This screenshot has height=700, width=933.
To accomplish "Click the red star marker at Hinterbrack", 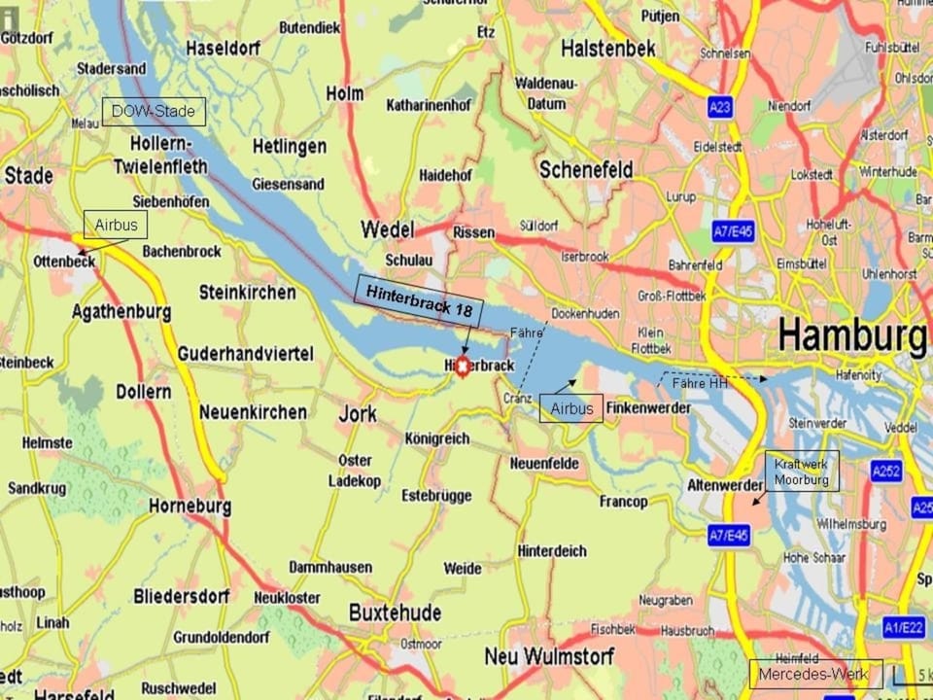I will tap(463, 366).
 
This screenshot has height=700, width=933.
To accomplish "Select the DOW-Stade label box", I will tap(154, 112).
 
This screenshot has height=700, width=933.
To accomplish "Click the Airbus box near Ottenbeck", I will tap(116, 225).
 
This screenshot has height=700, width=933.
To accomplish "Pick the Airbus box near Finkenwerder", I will tap(571, 408).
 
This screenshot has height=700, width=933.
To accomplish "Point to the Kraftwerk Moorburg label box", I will tap(802, 472).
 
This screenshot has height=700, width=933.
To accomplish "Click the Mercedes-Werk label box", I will tap(816, 674).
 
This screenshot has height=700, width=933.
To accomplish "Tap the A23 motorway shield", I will tap(719, 108).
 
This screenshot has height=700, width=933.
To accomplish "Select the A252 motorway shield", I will tap(886, 472).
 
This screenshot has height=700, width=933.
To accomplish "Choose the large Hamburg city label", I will tap(851, 336).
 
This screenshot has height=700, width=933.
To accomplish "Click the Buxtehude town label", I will tap(396, 613).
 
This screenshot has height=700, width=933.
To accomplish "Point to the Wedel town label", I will tap(388, 230).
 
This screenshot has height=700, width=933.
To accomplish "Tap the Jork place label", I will tap(358, 414).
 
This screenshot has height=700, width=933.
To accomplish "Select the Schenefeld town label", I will tap(586, 170).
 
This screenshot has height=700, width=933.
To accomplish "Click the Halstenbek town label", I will tap(608, 49).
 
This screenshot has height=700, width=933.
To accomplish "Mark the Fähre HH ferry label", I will tap(700, 384).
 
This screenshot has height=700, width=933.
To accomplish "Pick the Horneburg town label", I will tap(190, 507).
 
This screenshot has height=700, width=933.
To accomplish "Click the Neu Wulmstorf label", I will tap(541, 656).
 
